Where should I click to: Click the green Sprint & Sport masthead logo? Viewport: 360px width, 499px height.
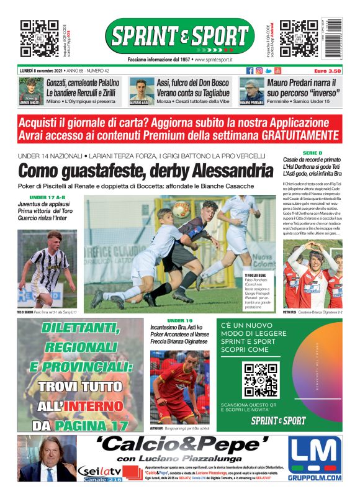pos(179,36)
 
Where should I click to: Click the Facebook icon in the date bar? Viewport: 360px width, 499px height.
pos(250,71)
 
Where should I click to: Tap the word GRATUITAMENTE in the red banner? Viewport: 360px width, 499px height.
pos(300,135)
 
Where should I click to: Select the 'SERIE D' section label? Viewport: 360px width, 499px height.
pos(312,153)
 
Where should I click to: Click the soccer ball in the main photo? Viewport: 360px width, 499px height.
pos(181,210)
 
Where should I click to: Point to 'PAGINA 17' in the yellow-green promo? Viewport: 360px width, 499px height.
pos(88,425)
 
